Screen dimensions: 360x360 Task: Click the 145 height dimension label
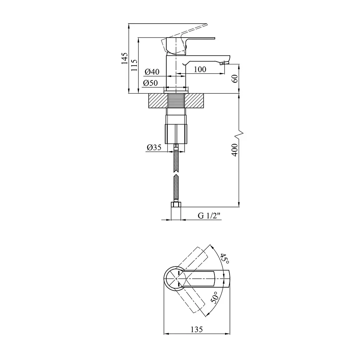pyautogui.click(x=124, y=58)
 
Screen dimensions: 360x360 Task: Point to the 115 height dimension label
pyautogui.click(x=134, y=65)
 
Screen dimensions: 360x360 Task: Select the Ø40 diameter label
pyautogui.click(x=152, y=72)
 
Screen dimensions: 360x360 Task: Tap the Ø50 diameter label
pyautogui.click(x=150, y=83)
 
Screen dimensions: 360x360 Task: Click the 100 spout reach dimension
pyautogui.click(x=200, y=69)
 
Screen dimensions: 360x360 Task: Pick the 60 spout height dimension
pyautogui.click(x=234, y=79)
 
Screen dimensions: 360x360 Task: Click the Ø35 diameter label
pyautogui.click(x=154, y=147)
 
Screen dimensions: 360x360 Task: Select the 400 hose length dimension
pyautogui.click(x=234, y=150)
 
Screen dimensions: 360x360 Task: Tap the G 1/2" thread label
pyautogui.click(x=209, y=216)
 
